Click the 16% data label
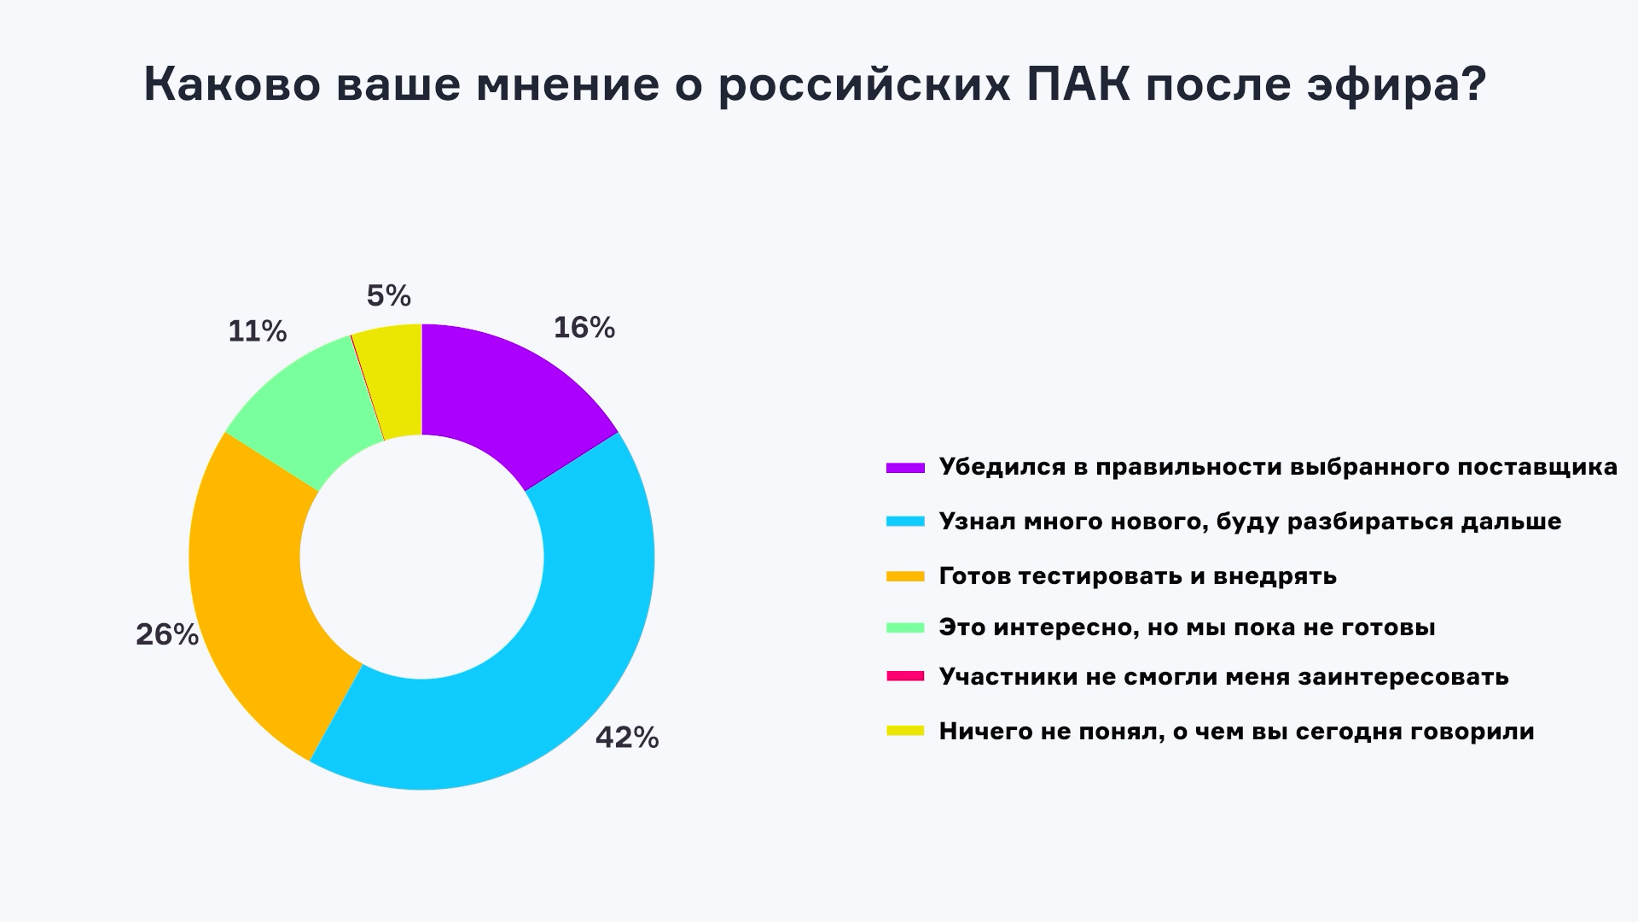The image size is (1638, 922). pyautogui.click(x=584, y=328)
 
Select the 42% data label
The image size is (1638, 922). pyautogui.click(x=627, y=738)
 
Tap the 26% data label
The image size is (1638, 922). pyautogui.click(x=167, y=635)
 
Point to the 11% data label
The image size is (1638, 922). pyautogui.click(x=257, y=332)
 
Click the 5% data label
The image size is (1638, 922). pyautogui.click(x=389, y=296)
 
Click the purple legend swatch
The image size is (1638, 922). pyautogui.click(x=905, y=468)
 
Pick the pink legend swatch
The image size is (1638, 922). pyautogui.click(x=905, y=677)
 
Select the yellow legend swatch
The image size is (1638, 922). pyautogui.click(x=905, y=731)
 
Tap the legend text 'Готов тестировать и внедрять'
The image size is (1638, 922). pyautogui.click(x=1137, y=576)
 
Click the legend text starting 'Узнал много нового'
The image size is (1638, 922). pyautogui.click(x=1250, y=522)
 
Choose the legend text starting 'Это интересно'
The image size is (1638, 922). pyautogui.click(x=1187, y=627)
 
